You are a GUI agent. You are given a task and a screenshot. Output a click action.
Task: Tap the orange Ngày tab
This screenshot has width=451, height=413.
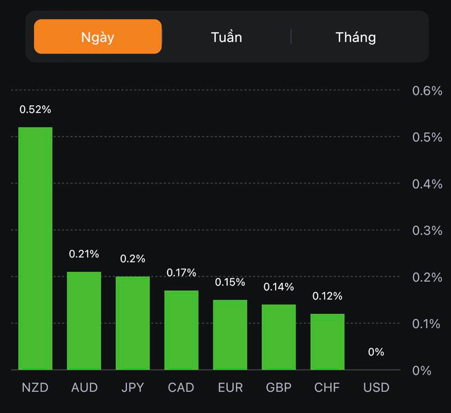[98, 37]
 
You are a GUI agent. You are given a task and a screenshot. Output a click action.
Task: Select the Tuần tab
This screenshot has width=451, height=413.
[226, 37]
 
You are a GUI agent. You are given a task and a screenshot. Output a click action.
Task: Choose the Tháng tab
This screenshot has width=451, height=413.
[355, 37]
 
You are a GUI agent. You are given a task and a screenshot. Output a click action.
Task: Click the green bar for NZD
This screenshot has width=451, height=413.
[36, 248]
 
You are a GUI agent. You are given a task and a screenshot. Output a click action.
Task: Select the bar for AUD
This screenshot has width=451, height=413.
[84, 321]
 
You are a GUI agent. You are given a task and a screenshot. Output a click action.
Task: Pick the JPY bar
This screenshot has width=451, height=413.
[133, 323]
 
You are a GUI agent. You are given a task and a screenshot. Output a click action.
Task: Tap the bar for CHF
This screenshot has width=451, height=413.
[327, 342]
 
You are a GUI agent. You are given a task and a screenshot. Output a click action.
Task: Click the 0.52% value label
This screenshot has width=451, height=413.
[35, 109]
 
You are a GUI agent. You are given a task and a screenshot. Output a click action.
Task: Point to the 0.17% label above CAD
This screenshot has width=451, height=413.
[181, 273]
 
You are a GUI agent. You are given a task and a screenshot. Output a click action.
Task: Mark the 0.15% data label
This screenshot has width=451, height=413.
[230, 282]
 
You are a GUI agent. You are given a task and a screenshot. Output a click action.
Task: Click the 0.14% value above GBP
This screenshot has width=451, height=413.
[279, 287]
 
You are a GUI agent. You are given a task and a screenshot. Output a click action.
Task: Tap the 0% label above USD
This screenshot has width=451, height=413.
[376, 352]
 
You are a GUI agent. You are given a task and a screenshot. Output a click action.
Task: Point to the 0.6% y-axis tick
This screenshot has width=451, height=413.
[427, 91]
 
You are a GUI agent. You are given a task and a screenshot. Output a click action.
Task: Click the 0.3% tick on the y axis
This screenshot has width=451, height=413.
[427, 231]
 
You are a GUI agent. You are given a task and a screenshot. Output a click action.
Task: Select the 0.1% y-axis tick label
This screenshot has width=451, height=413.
[427, 324]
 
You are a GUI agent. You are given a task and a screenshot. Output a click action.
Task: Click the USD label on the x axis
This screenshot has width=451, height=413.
[376, 388]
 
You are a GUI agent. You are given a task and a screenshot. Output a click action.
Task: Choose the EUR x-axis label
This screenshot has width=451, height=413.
[230, 388]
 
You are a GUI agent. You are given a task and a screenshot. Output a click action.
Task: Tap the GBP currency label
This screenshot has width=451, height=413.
[279, 388]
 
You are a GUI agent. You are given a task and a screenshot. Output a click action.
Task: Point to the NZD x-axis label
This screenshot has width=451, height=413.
[35, 388]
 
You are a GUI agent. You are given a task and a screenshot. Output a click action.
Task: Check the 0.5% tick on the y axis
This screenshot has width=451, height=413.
[427, 137]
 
